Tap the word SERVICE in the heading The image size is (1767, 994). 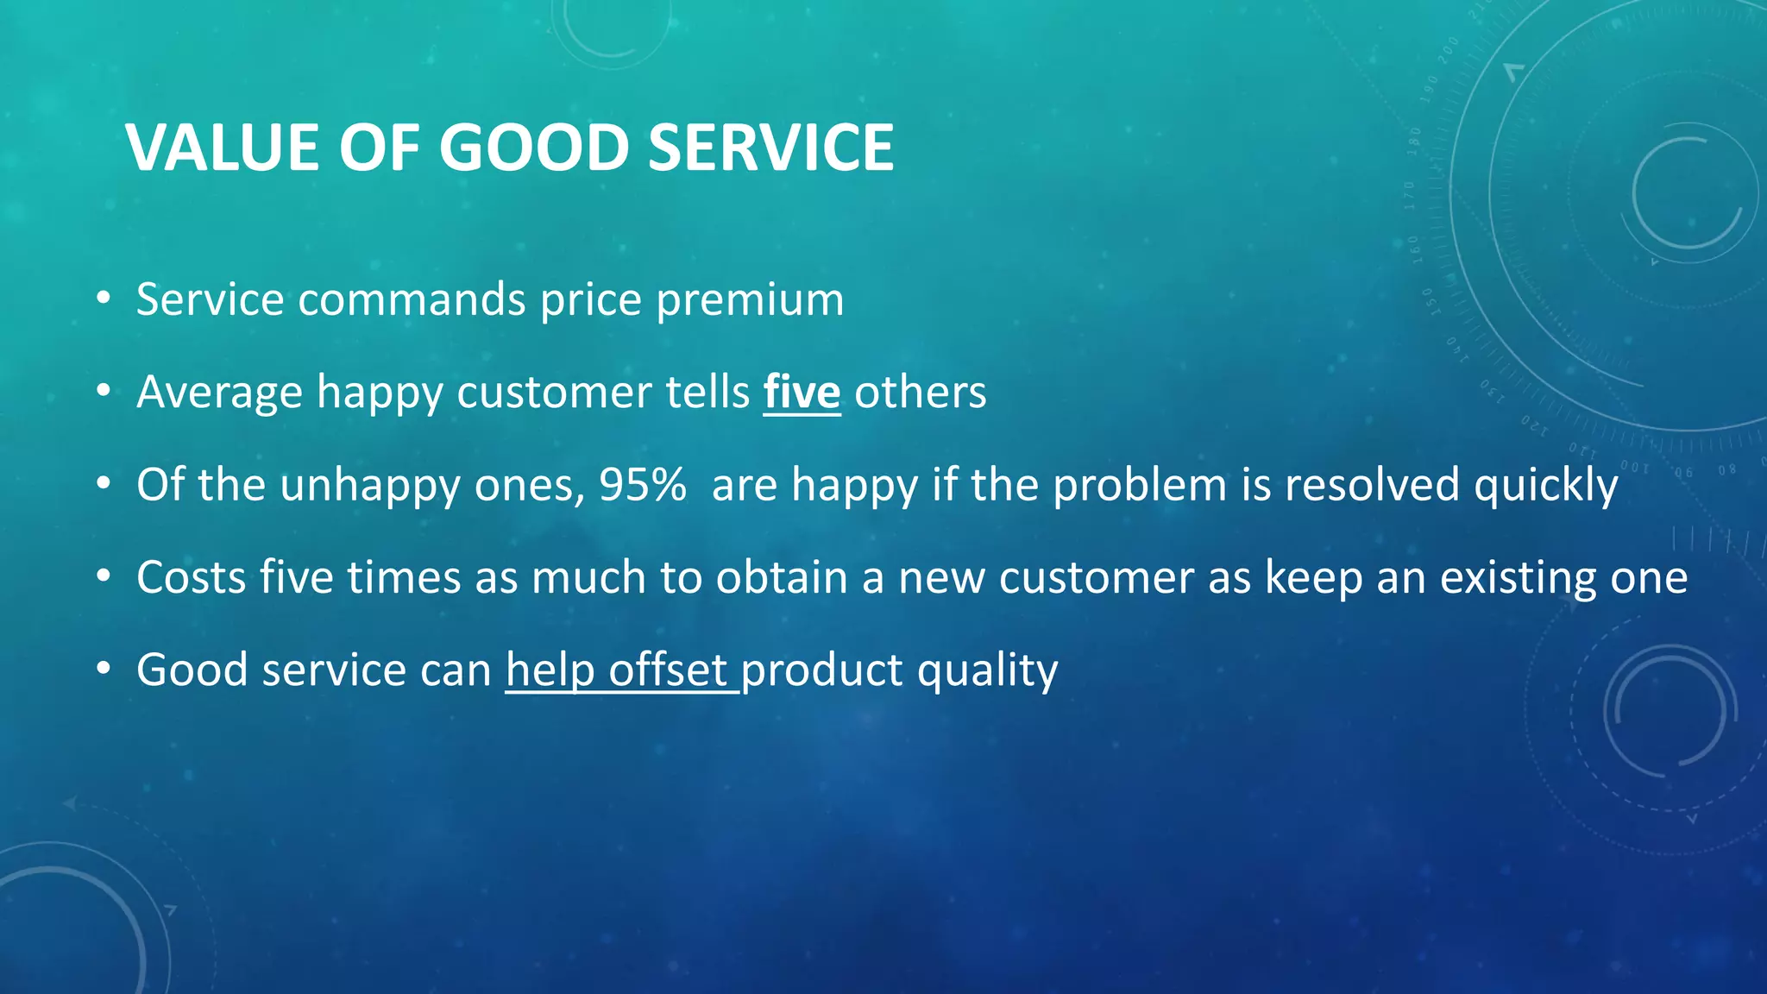click(x=770, y=148)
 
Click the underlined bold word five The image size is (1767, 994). click(x=802, y=392)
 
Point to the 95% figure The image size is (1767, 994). click(x=643, y=484)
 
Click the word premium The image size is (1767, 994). click(x=750, y=300)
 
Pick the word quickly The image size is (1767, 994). click(x=1545, y=486)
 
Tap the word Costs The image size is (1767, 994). click(x=191, y=577)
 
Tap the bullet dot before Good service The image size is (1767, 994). click(x=104, y=670)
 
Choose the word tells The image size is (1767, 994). click(x=707, y=393)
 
